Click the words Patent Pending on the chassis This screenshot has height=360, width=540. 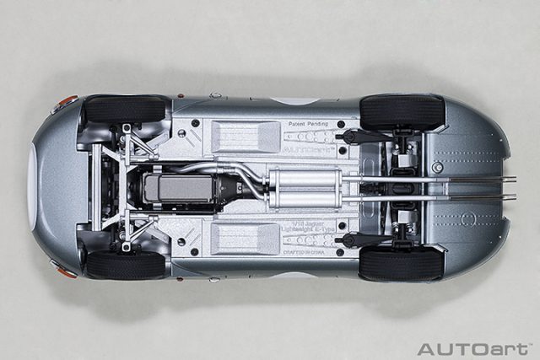(x=308, y=124)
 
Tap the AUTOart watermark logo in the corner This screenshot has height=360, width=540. (x=475, y=348)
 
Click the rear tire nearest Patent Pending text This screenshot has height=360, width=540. (x=402, y=111)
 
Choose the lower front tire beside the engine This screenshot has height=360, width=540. (x=125, y=265)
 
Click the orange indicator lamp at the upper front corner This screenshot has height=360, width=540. (x=67, y=101)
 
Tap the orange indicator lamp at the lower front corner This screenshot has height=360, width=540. (x=66, y=271)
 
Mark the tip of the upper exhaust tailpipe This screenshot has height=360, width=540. (x=512, y=179)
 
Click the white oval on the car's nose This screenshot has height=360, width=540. (x=32, y=186)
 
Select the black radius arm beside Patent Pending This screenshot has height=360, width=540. (x=363, y=136)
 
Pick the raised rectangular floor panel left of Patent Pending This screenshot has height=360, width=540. (x=245, y=135)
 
